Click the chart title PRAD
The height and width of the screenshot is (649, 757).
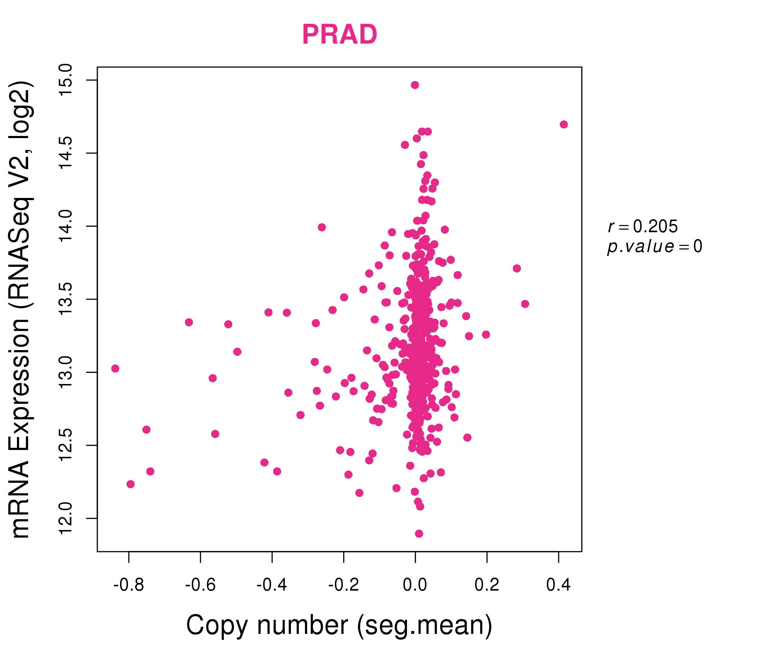[340, 35]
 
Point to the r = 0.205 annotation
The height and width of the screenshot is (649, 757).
[643, 226]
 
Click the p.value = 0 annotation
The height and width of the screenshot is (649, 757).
[654, 247]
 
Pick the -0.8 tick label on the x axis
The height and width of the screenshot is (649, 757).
[129, 585]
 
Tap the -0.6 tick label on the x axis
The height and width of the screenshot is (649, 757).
[200, 585]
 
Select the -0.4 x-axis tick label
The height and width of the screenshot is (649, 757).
[272, 585]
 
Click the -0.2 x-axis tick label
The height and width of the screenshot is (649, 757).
[344, 585]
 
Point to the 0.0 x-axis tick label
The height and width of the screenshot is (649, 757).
[415, 585]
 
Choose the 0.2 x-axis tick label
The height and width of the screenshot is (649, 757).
[487, 585]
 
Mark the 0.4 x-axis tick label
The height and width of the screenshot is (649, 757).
[558, 585]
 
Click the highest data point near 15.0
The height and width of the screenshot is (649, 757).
[415, 85]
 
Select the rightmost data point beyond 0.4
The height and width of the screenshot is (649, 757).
[564, 125]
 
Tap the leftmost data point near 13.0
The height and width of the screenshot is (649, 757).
[115, 368]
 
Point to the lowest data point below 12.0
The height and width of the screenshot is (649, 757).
[419, 534]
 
